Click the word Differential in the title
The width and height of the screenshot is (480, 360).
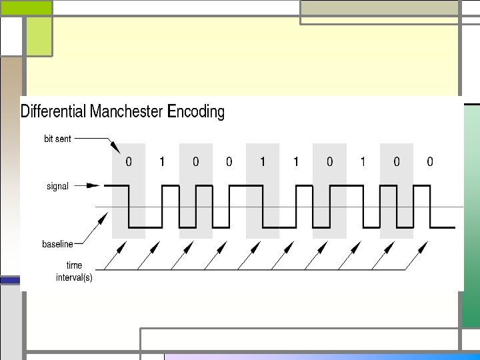click(53, 111)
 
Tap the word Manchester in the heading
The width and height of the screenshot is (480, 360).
click(127, 111)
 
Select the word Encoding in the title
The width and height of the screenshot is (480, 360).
click(196, 111)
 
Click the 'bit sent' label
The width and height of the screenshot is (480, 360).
click(57, 139)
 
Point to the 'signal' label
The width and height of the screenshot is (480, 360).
click(57, 186)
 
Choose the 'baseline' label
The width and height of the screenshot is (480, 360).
click(57, 244)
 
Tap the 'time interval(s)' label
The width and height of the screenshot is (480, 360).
click(74, 271)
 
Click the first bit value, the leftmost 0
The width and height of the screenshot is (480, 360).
click(129, 161)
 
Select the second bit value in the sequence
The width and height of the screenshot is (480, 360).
click(162, 161)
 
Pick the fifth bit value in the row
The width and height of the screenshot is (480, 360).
click(263, 161)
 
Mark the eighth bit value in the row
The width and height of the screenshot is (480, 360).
click(363, 161)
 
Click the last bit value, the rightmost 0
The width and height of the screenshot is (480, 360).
click(430, 161)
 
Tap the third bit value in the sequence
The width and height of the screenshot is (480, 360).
click(195, 161)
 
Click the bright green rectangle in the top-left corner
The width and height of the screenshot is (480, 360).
click(26, 7)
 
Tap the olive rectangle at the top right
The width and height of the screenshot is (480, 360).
click(379, 7)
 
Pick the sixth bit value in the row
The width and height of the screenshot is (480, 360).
click(296, 161)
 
